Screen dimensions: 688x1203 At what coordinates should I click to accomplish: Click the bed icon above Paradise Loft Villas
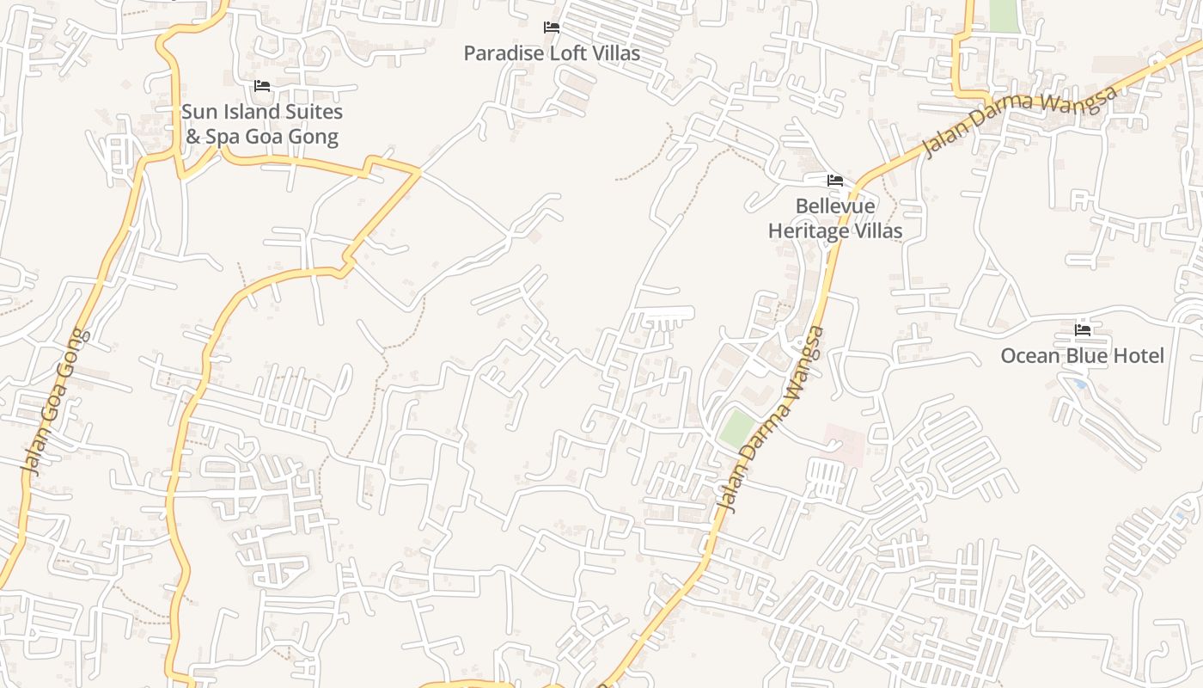click(x=552, y=28)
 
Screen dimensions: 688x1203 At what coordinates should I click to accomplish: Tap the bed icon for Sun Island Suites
click(x=262, y=86)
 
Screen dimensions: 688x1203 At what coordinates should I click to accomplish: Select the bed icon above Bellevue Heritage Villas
click(x=834, y=181)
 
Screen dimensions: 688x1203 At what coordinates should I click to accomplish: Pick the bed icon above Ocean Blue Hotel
click(x=1083, y=329)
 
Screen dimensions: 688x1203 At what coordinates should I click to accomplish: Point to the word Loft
click(x=568, y=53)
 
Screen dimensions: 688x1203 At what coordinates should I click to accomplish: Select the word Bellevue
click(x=835, y=206)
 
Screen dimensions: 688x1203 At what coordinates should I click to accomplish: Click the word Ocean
click(x=1029, y=356)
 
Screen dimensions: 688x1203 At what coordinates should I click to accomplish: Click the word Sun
click(x=199, y=112)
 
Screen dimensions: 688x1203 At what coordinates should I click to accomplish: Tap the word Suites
click(x=314, y=112)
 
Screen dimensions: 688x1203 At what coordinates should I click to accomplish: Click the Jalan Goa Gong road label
click(x=55, y=402)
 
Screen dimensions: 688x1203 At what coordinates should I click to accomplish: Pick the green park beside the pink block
click(x=736, y=427)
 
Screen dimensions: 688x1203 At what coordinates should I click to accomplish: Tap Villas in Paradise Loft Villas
click(x=614, y=53)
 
